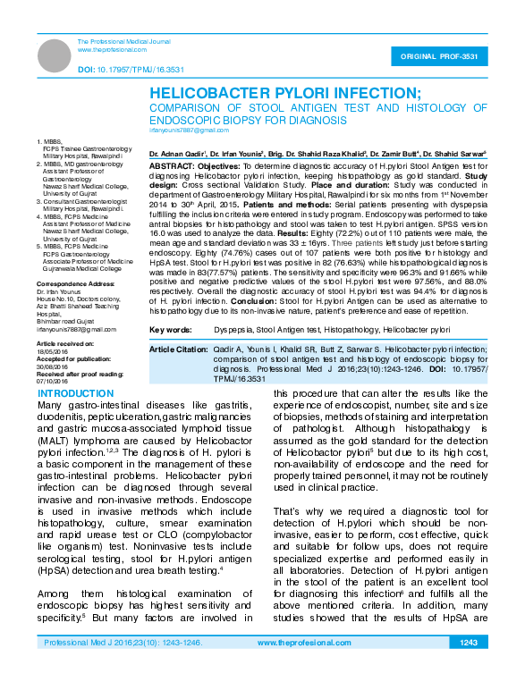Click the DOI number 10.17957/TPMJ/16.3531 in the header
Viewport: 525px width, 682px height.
[x=131, y=68]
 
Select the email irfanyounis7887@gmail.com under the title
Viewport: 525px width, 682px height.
[x=189, y=131]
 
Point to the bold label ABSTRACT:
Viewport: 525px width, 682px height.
[x=168, y=166]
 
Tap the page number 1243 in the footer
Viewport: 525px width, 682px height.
[x=468, y=668]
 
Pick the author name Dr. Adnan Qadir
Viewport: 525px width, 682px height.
[x=176, y=155]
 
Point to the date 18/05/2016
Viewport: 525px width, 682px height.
[x=52, y=352]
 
